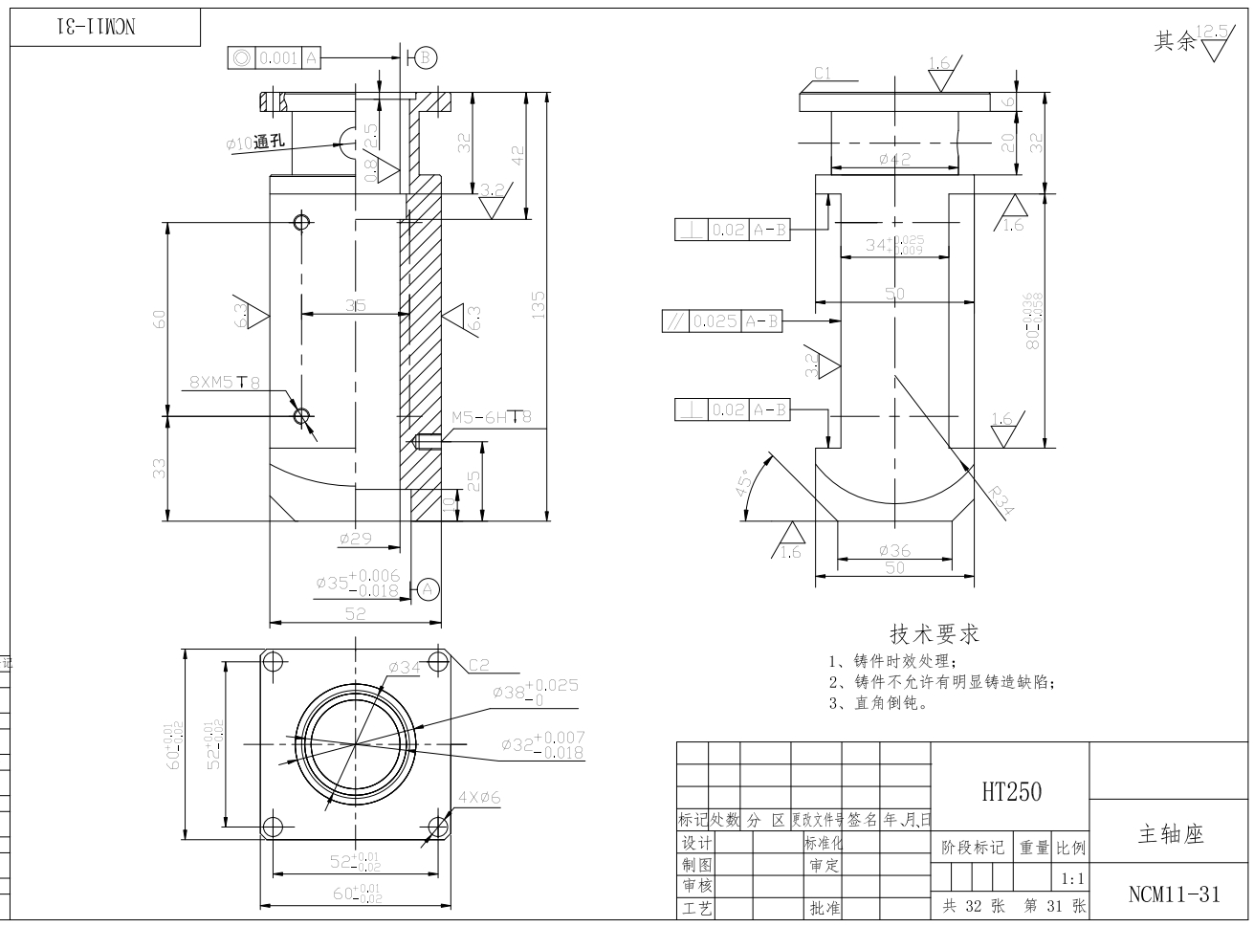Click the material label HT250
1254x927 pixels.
coord(1011,791)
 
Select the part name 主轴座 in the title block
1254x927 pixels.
coord(1170,834)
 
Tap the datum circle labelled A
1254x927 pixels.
coord(428,589)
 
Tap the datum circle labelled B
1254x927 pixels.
coord(426,57)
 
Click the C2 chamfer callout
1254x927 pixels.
coord(478,665)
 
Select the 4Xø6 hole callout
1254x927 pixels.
coord(479,797)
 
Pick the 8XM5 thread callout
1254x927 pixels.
coord(224,383)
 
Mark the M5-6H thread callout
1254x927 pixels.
coord(491,417)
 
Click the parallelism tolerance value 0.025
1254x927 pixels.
coord(715,321)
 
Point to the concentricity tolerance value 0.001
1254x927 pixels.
coord(278,58)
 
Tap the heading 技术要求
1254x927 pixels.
coord(935,633)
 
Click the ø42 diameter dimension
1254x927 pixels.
coord(894,160)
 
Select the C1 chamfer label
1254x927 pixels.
coord(823,73)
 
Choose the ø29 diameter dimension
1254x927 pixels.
coord(355,540)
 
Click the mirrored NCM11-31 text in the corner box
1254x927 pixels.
coord(100,27)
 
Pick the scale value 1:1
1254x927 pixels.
coord(1072,878)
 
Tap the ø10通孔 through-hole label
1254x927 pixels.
coord(255,143)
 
